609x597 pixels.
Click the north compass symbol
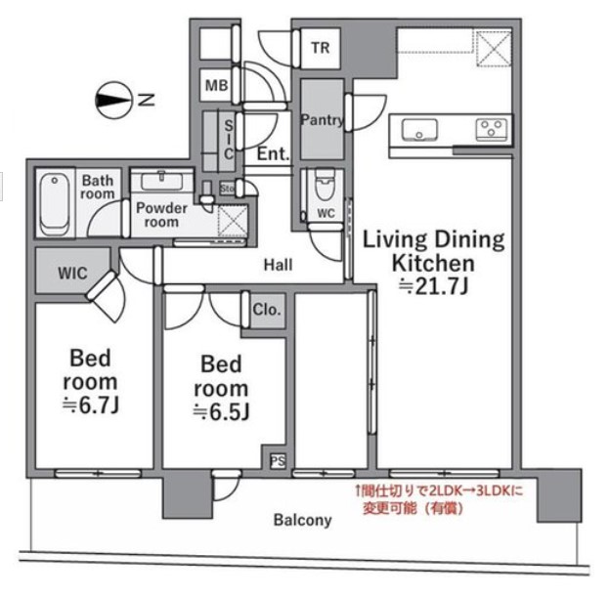[113, 100]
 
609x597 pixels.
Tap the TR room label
[321, 48]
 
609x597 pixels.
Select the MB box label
[216, 85]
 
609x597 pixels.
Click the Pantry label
[323, 120]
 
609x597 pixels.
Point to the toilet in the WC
[326, 184]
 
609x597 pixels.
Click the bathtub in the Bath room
[55, 204]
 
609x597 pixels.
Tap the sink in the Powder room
[161, 181]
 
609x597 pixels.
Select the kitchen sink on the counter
[419, 130]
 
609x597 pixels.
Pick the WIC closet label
[72, 274]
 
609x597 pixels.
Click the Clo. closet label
[267, 310]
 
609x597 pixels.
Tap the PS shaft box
[278, 461]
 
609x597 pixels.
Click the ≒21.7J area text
[434, 287]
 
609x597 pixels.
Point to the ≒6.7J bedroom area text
[91, 405]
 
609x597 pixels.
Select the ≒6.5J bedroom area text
[221, 412]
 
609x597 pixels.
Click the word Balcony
[303, 520]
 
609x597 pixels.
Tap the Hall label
[278, 265]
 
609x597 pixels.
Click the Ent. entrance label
[274, 154]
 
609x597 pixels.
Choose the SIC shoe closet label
[229, 140]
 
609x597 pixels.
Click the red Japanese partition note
[439, 499]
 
